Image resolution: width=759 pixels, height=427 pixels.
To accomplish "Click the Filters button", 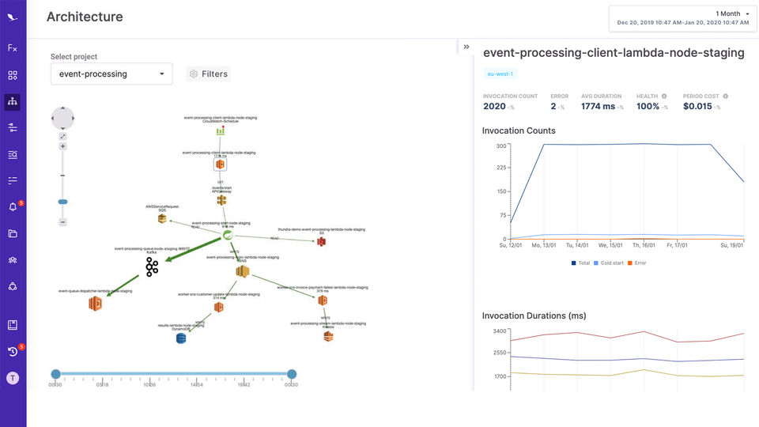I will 209,74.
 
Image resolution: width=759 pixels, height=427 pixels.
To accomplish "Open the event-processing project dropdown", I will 111,74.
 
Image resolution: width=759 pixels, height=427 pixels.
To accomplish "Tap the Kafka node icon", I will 151,266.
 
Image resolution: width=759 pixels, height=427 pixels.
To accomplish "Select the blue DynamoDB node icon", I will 181,338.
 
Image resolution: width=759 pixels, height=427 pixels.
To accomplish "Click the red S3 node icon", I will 322,241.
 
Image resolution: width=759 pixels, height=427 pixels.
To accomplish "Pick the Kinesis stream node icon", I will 328,336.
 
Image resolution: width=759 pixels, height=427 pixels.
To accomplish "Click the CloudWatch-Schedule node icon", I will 221,130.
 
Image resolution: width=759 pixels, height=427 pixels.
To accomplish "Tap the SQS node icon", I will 161,218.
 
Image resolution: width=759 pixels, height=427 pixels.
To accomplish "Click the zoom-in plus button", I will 62,146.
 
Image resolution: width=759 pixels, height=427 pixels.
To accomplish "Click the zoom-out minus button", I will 62,222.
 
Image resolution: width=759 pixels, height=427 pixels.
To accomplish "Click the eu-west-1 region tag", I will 500,74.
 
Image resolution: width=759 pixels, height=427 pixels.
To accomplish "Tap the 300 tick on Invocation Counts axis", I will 500,146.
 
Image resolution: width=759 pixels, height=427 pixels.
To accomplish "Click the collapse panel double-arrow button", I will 466,47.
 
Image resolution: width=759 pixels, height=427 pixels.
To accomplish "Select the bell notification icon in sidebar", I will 13,207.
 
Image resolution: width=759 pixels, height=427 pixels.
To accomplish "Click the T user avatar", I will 13,378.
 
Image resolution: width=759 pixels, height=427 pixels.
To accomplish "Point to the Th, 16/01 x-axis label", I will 642,245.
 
